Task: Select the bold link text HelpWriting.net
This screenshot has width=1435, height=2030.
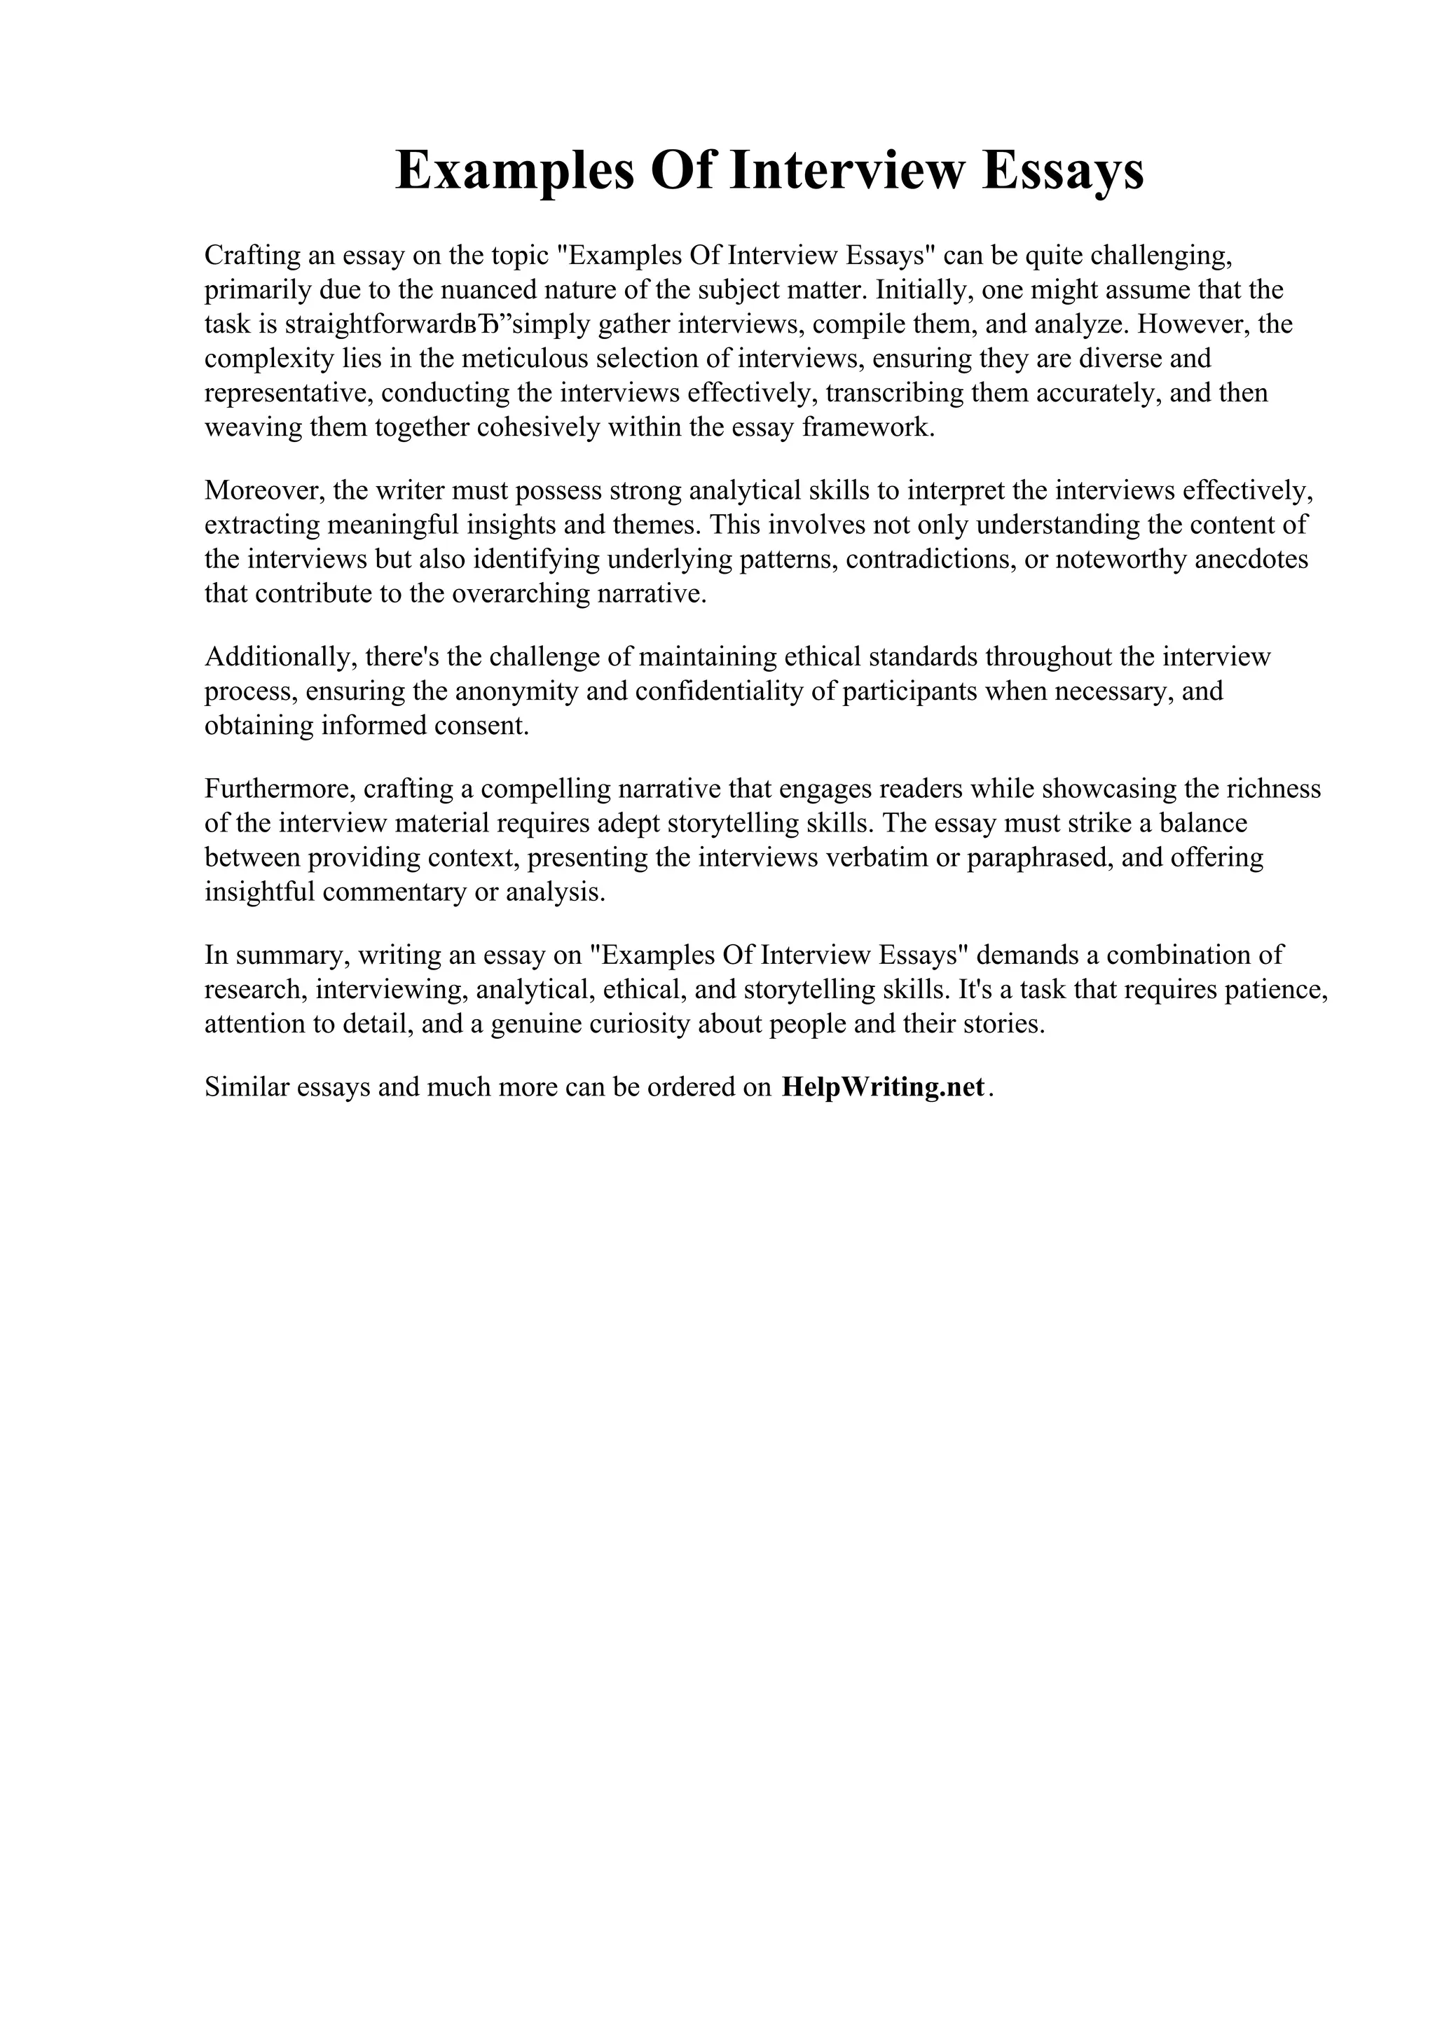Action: pyautogui.click(x=882, y=1086)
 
